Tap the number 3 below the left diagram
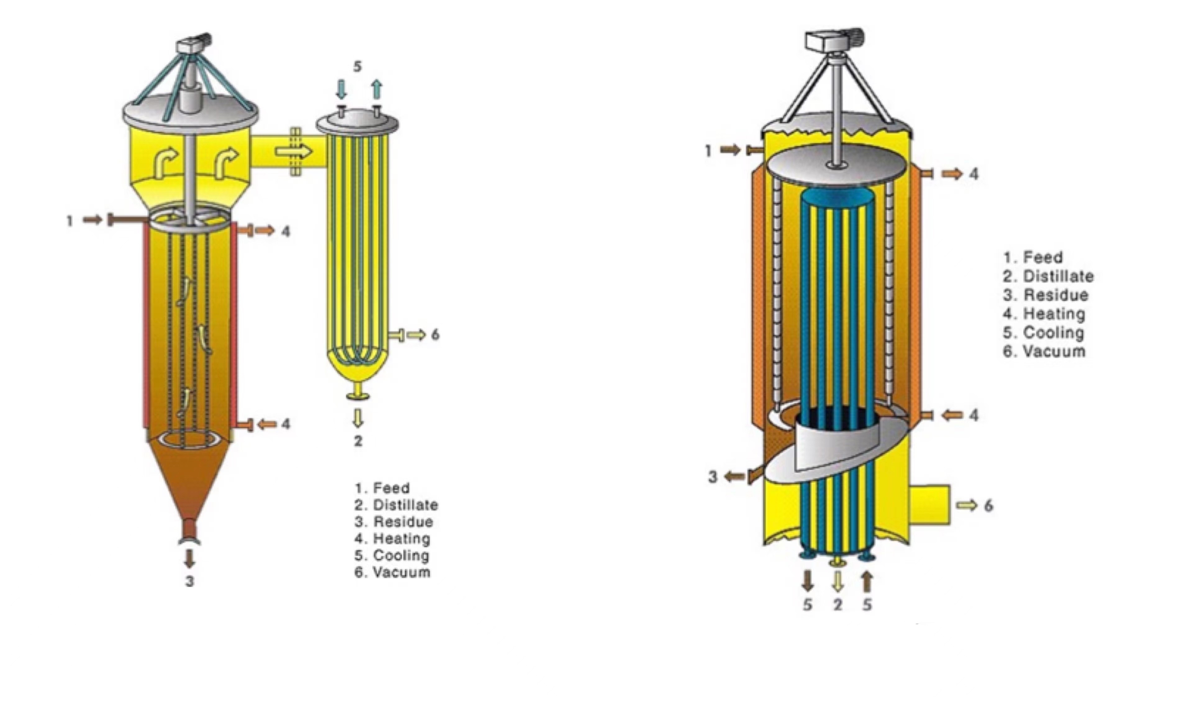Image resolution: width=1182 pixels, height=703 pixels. (x=189, y=581)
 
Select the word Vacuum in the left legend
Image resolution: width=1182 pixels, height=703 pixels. (x=402, y=572)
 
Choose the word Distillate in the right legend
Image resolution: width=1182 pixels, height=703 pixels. (x=1058, y=276)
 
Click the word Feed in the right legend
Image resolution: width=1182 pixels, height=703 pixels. (x=1043, y=257)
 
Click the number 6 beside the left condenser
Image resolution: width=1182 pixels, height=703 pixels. (x=435, y=335)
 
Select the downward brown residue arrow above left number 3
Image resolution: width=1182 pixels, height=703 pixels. (x=189, y=558)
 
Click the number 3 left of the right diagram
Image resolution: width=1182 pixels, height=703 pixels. (x=713, y=477)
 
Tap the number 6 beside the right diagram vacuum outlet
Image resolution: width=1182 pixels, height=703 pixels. (x=988, y=506)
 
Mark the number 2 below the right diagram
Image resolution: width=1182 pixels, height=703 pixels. (x=838, y=605)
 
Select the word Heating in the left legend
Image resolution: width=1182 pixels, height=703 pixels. (x=402, y=539)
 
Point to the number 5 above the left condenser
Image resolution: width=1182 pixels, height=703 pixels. (x=358, y=67)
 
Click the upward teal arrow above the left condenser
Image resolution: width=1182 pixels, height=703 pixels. (x=377, y=89)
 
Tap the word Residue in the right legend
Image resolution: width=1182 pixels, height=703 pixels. (x=1056, y=295)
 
